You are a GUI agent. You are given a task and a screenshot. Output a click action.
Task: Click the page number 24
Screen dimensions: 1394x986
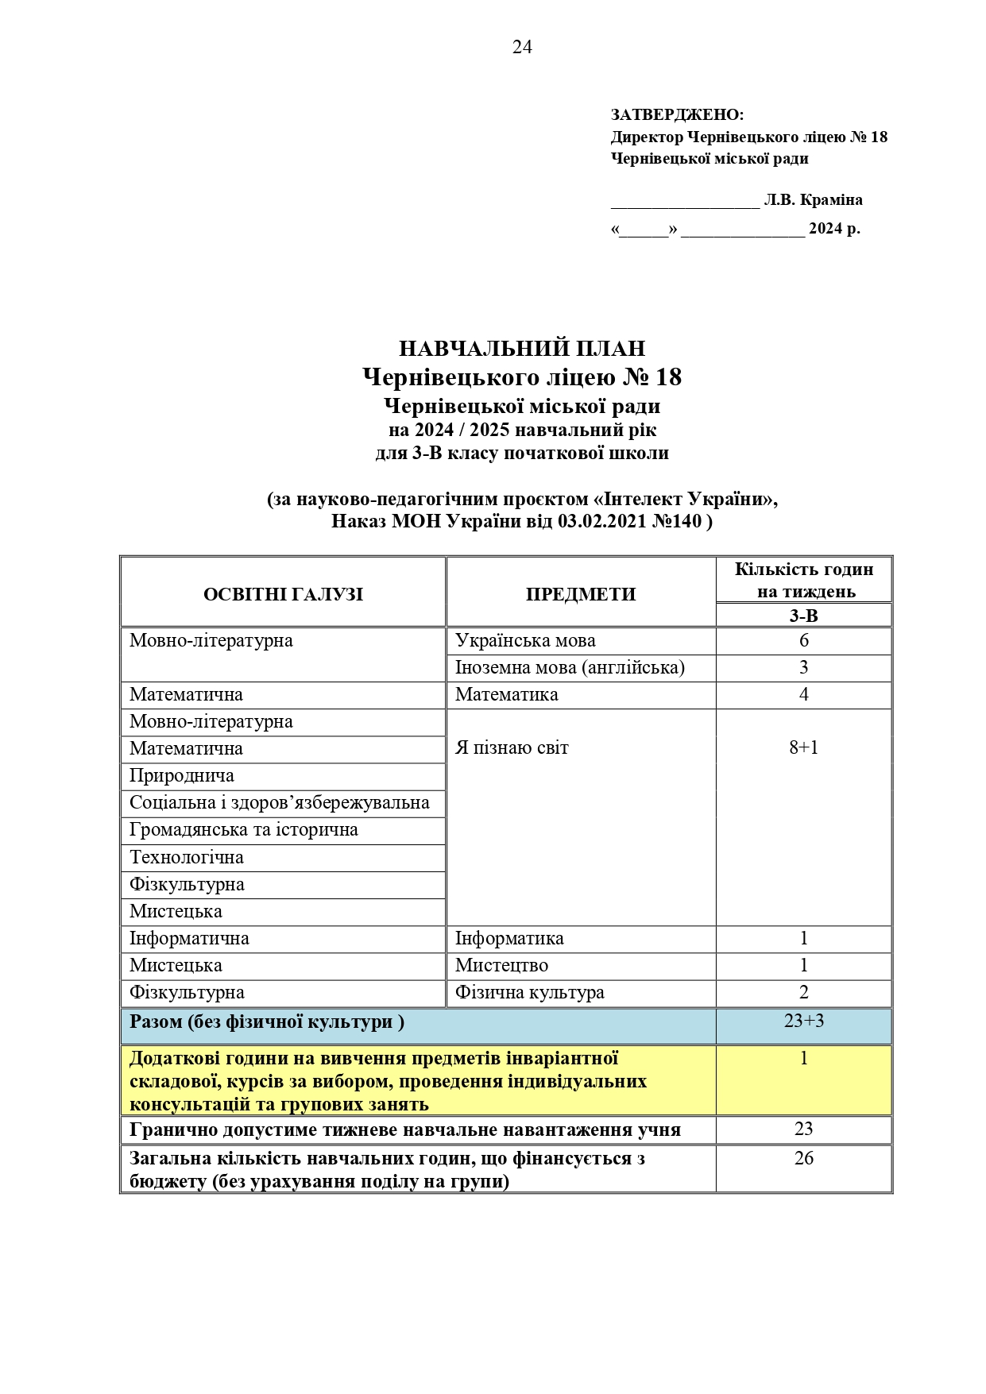tap(522, 48)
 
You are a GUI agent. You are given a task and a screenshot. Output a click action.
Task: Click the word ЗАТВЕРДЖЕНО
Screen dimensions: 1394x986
tap(677, 115)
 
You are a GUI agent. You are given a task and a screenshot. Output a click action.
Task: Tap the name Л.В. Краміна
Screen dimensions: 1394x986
tap(813, 200)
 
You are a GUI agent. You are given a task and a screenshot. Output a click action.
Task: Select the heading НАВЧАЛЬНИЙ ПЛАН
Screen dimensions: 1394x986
tap(521, 349)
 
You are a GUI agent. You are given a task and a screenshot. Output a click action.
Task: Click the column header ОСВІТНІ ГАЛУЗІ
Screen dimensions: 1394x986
tap(283, 594)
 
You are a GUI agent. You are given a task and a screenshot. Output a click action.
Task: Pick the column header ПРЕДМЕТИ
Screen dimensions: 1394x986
tap(581, 594)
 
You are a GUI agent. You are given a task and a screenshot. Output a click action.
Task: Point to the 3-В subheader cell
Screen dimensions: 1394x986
tap(803, 616)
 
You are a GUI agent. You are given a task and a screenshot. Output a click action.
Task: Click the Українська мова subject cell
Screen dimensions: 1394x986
tap(525, 641)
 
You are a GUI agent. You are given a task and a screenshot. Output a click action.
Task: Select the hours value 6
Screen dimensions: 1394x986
tap(803, 641)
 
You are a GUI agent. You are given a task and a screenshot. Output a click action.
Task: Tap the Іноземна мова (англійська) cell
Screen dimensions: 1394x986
tap(570, 667)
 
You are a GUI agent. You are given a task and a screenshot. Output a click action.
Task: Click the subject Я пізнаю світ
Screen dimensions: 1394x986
tap(512, 747)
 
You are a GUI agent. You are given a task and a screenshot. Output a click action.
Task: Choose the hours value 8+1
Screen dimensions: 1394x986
tap(803, 747)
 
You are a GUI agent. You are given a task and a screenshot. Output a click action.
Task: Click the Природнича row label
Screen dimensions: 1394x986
tap(182, 776)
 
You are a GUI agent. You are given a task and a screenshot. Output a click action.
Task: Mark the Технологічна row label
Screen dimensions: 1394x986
tap(187, 858)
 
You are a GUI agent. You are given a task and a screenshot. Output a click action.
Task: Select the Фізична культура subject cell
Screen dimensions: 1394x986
tap(529, 993)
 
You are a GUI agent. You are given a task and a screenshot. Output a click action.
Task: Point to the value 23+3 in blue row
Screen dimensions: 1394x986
tap(803, 1021)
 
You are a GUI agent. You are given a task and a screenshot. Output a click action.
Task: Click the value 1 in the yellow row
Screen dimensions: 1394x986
tap(803, 1059)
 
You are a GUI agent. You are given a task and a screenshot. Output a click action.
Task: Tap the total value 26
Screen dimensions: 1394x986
tap(803, 1159)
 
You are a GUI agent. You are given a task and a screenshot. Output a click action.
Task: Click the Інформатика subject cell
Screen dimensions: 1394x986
tap(509, 939)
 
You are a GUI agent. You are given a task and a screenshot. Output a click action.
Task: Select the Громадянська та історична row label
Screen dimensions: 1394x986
tap(244, 830)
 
